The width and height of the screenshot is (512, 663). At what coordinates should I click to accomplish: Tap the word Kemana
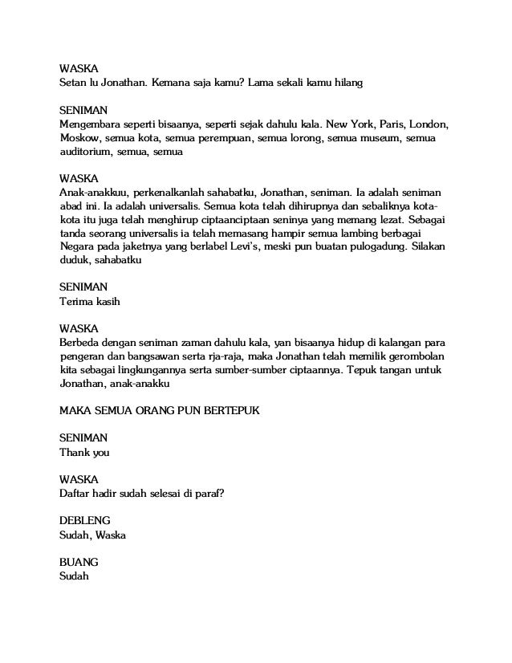pos(166,82)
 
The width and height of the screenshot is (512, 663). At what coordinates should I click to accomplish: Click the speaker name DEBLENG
pos(85,520)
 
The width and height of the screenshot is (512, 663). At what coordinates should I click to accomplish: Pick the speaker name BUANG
pos(79,562)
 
